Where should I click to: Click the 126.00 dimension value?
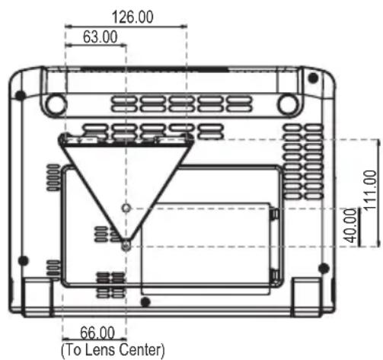tap(132, 17)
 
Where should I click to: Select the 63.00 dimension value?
tap(100, 37)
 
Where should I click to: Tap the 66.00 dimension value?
tap(97, 333)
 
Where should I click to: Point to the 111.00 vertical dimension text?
tap(370, 190)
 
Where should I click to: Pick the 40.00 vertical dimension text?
tap(350, 225)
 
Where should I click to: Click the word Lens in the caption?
tap(100, 349)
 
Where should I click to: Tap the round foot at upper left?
tap(56, 104)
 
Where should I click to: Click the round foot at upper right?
tap(288, 104)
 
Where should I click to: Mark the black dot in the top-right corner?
tap(313, 78)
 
